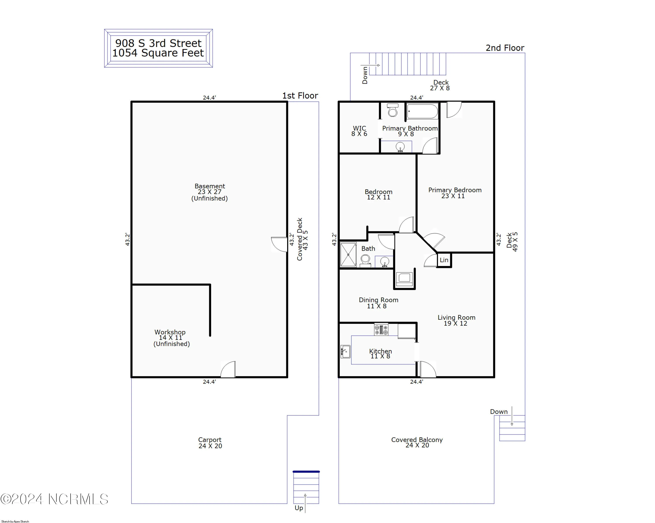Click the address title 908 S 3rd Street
(158, 43)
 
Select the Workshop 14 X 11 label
(171, 337)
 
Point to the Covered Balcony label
(417, 442)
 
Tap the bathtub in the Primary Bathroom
(422, 111)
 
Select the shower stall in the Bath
(348, 255)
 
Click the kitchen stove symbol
(381, 330)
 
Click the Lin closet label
(444, 260)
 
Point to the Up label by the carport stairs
(299, 508)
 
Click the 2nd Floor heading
(505, 48)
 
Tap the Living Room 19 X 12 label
(456, 320)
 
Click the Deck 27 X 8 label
(440, 85)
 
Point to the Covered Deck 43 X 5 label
(302, 239)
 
